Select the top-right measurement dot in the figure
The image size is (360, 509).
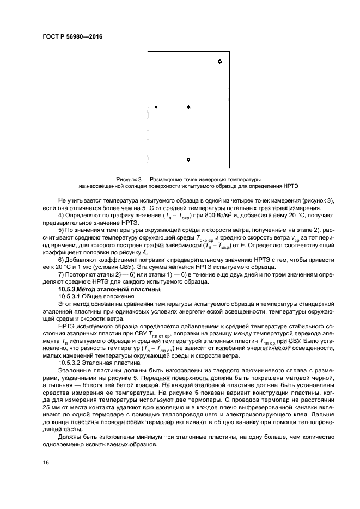[x=219, y=62]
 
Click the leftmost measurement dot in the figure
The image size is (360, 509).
[x=156, y=107]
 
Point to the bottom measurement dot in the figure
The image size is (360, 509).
[x=188, y=160]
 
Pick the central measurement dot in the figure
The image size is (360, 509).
[x=188, y=107]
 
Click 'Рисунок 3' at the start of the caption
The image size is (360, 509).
[x=129, y=179]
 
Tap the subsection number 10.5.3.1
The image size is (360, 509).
[x=72, y=297]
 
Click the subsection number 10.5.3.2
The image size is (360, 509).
[x=72, y=361]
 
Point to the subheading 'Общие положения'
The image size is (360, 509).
[x=112, y=297]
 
